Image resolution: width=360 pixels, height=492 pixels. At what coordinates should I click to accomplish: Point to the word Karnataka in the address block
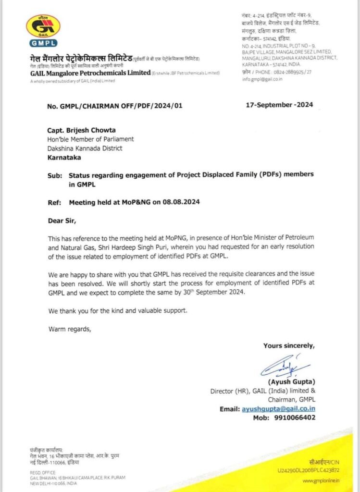pyautogui.click(x=64, y=157)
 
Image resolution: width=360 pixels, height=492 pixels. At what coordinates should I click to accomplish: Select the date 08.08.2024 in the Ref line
pyautogui.click(x=181, y=202)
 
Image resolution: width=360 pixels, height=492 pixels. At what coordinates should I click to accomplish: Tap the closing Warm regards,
pyautogui.click(x=69, y=329)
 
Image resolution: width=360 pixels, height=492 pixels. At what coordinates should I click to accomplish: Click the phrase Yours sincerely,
pyautogui.click(x=289, y=345)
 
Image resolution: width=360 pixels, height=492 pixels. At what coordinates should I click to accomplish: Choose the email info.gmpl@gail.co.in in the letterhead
pyautogui.click(x=262, y=79)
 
